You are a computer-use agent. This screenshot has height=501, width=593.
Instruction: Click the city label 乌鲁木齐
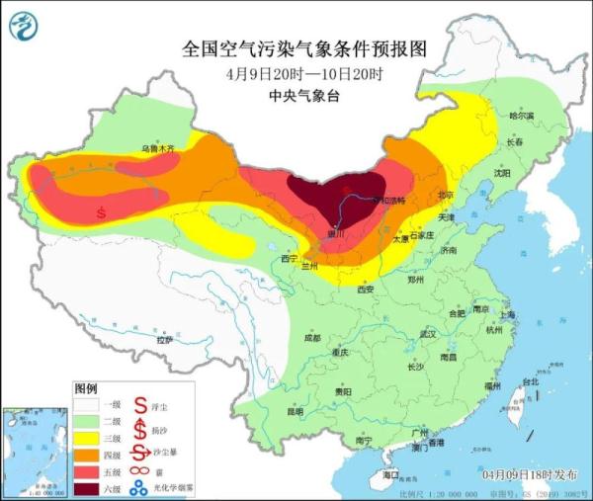[157, 148]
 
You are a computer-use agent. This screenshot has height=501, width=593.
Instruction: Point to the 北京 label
[447, 195]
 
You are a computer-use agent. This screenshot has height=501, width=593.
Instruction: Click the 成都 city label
[312, 338]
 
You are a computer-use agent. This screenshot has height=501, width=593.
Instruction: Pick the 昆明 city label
[295, 411]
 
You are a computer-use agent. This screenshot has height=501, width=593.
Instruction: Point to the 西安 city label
[365, 290]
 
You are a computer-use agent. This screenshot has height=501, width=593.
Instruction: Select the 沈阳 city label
[503, 172]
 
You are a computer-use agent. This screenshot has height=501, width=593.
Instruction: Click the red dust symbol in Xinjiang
[101, 210]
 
